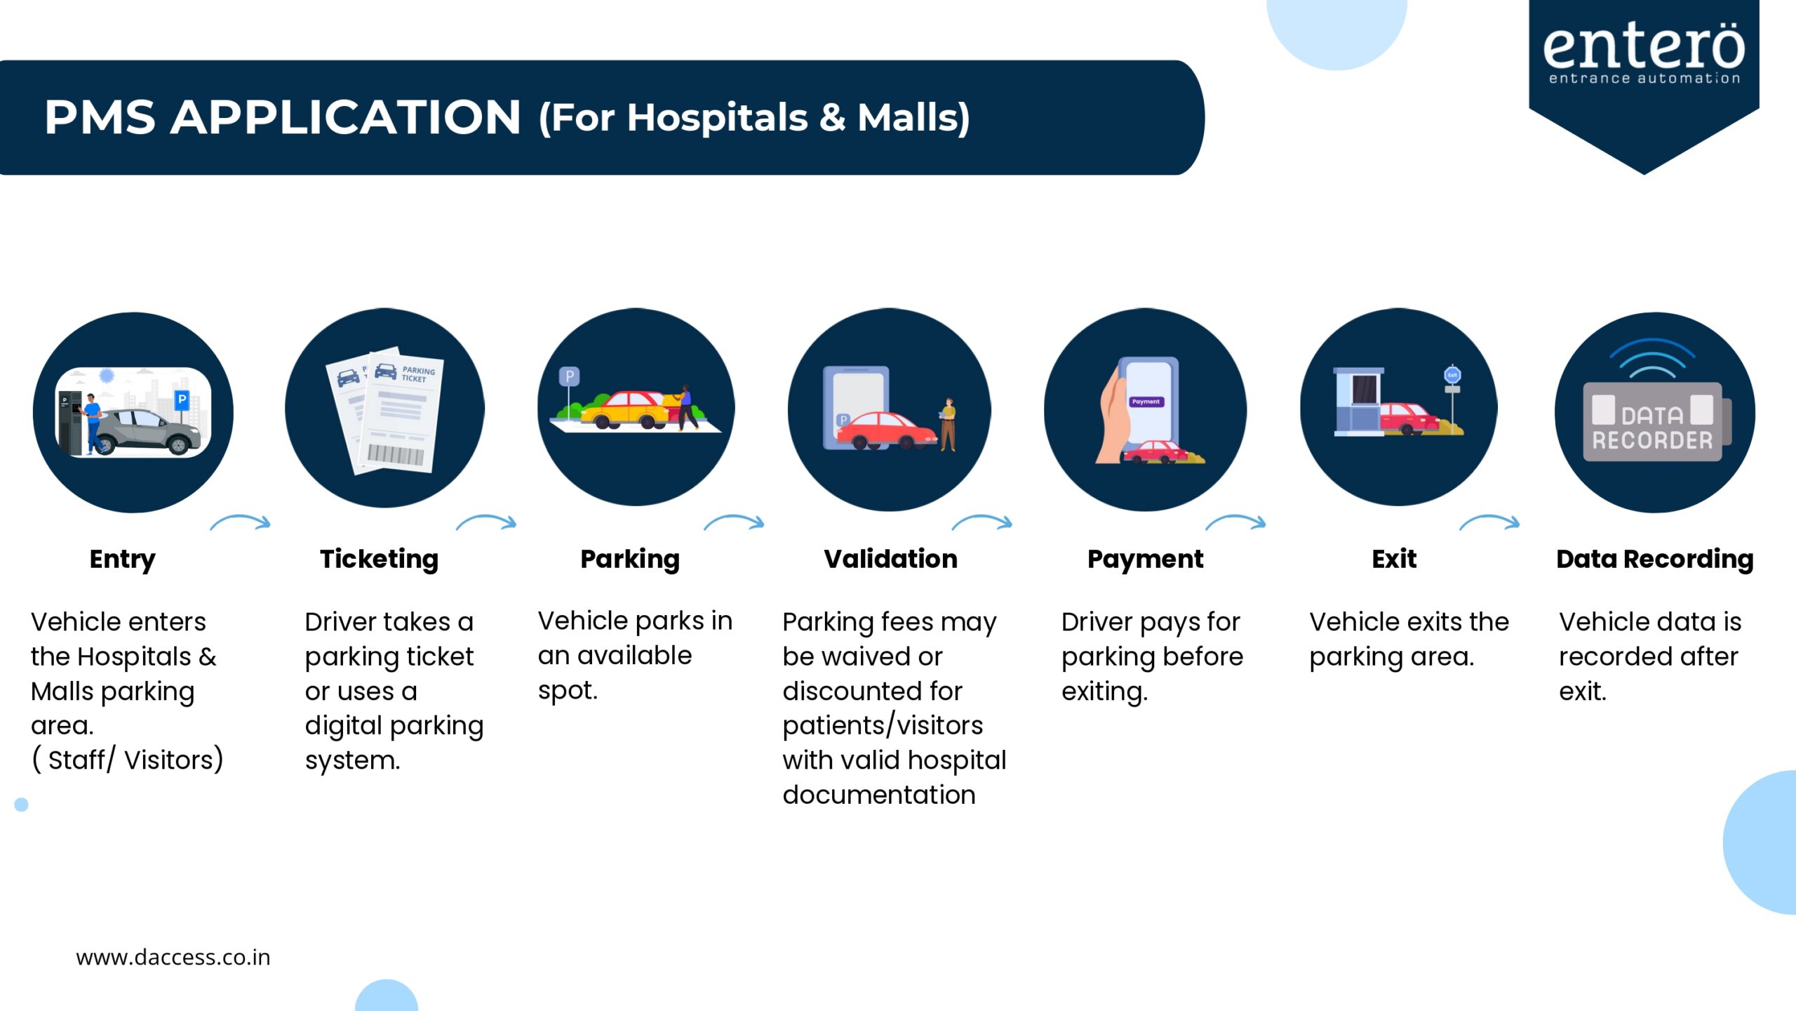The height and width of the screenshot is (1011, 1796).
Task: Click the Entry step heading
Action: click(x=123, y=560)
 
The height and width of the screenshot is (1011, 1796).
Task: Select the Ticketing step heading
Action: click(x=380, y=560)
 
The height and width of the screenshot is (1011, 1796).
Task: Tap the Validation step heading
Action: click(x=891, y=559)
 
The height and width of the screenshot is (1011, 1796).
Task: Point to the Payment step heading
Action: click(x=1146, y=560)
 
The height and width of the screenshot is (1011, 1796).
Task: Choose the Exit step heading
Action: click(x=1395, y=559)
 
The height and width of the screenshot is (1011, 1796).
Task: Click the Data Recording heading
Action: click(x=1655, y=560)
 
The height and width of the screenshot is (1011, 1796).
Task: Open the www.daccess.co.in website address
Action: click(x=173, y=958)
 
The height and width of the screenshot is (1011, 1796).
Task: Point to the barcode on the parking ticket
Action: click(x=396, y=454)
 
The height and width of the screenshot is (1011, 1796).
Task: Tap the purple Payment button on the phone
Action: click(x=1146, y=402)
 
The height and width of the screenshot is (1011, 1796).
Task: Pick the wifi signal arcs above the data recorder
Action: click(x=1652, y=358)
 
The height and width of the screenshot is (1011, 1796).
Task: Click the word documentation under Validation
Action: click(x=879, y=795)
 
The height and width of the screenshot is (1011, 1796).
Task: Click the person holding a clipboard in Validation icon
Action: click(x=948, y=424)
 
